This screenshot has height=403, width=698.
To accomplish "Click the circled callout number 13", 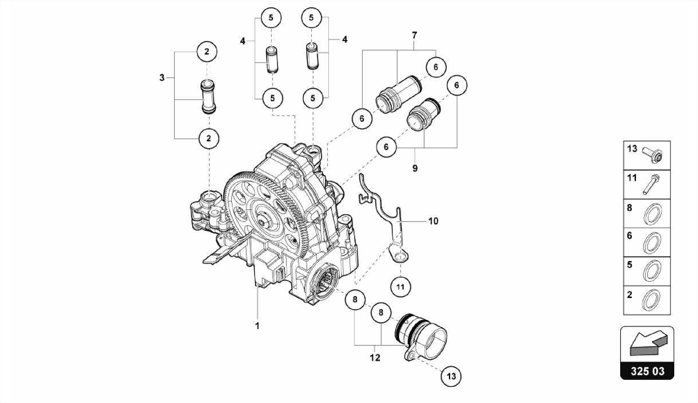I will tap(451, 376).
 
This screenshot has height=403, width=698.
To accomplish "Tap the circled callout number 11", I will tap(400, 287).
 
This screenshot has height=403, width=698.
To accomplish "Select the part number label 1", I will tap(257, 326).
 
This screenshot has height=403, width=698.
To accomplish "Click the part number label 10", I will tap(433, 221).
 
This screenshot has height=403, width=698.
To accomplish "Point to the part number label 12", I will tap(375, 358).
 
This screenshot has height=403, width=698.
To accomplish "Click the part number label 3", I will tap(162, 78).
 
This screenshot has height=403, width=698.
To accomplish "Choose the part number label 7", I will tap(414, 35).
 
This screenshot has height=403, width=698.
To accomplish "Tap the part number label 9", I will tap(415, 168).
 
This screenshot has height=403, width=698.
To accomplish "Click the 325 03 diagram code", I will tap(647, 371).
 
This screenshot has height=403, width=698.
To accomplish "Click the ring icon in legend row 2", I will tap(651, 300).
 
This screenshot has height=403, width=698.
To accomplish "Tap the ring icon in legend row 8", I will tap(652, 214).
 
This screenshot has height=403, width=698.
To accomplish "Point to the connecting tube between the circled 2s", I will tap(208, 96).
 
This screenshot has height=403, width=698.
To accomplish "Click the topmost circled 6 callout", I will tap(436, 67).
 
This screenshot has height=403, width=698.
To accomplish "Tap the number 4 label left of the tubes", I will tap(242, 41).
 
